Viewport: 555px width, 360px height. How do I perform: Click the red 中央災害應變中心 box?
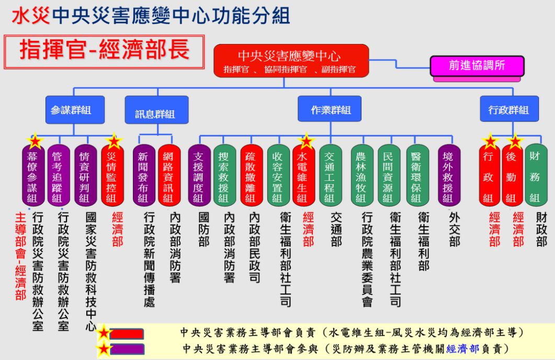(291, 61)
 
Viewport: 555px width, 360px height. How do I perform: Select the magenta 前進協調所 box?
(477, 66)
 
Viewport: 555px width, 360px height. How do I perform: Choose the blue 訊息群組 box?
(155, 114)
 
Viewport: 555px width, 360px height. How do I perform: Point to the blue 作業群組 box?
(331, 110)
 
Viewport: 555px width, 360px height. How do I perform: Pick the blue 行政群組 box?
(508, 110)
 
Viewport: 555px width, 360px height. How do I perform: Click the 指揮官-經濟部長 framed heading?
(104, 51)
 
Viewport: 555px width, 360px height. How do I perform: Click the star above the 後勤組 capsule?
(515, 142)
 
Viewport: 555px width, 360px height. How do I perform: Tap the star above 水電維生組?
(307, 142)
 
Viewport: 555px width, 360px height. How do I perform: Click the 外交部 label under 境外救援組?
(454, 229)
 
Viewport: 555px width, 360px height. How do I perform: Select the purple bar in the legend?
(127, 349)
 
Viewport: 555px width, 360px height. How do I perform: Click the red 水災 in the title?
(30, 16)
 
